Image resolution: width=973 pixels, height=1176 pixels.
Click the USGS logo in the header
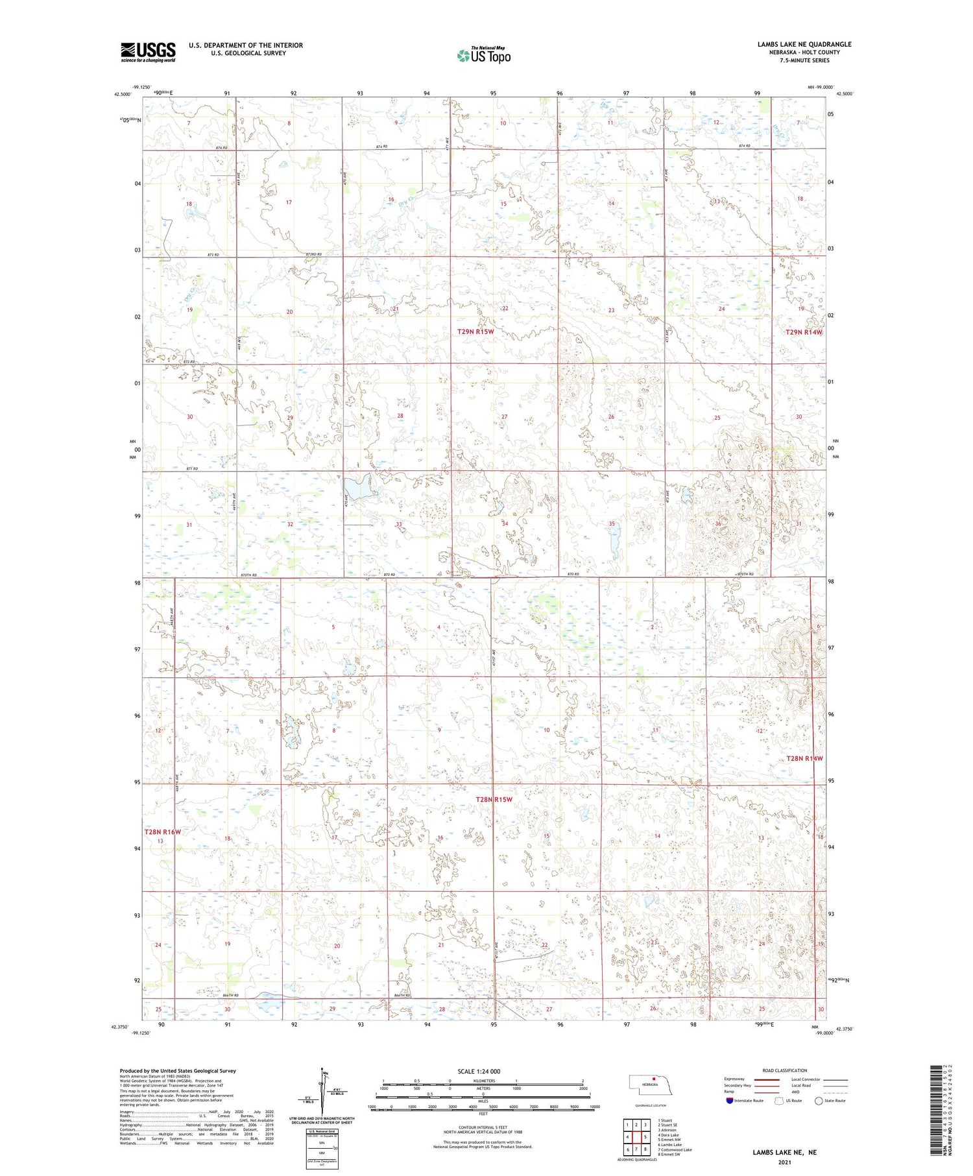(x=148, y=52)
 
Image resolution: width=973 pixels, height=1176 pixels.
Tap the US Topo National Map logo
(x=483, y=55)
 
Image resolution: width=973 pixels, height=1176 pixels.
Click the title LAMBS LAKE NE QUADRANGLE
(x=804, y=44)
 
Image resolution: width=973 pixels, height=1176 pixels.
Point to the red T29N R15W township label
(x=475, y=331)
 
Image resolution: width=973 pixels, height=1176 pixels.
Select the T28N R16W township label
(x=162, y=832)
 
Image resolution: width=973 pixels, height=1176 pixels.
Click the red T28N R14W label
(x=804, y=758)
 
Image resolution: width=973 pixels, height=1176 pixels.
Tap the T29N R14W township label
(x=804, y=332)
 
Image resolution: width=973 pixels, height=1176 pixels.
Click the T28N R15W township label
(x=494, y=800)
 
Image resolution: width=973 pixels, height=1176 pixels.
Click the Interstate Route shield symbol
(x=730, y=1101)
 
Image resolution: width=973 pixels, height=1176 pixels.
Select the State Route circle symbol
(x=819, y=1101)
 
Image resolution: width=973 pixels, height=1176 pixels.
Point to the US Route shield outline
(x=779, y=1101)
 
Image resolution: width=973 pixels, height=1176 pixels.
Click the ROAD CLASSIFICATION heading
(x=785, y=1070)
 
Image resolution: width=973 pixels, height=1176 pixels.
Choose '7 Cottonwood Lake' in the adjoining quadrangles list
(x=675, y=1149)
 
